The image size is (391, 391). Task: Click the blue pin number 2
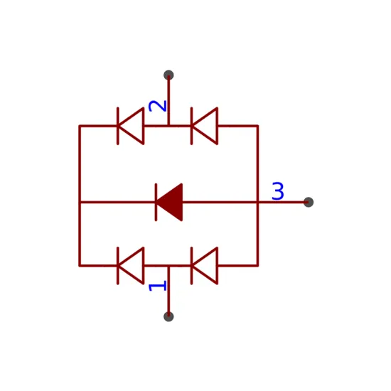coord(157,106)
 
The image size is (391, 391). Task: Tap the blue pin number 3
coord(278,191)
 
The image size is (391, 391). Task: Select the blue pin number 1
coord(157,286)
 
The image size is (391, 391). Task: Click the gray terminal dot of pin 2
coord(168,75)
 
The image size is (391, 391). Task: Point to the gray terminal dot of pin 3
coord(309,202)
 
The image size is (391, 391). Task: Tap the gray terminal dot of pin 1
coord(168,316)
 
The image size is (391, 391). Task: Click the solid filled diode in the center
coord(169,202)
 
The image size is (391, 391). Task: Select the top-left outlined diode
coord(131,126)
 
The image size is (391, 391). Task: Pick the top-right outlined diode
coord(204,126)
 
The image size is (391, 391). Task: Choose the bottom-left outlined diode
coord(131,266)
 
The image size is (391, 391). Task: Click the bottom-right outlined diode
coord(204,266)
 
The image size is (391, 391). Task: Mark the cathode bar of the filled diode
coord(156,202)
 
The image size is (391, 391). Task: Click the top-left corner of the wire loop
coord(80,126)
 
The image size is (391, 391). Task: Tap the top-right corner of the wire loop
coord(257,126)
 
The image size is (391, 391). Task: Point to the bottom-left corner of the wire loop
coord(80,266)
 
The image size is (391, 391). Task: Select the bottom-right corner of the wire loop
coord(257,266)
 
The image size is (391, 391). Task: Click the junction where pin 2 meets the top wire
coord(168,126)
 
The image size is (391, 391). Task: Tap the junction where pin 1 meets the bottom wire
coord(168,266)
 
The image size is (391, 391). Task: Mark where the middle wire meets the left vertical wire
coord(80,202)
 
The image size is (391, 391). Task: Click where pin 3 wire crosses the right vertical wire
coord(257,202)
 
